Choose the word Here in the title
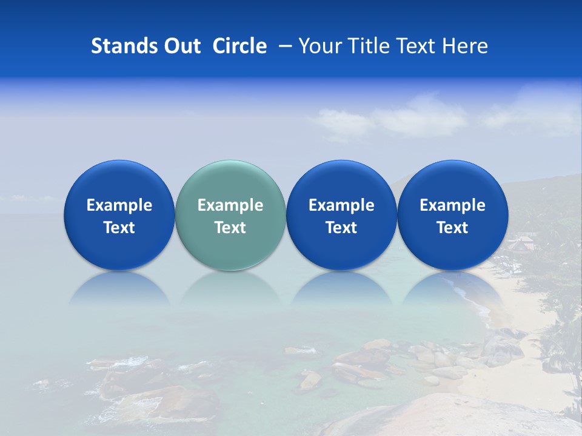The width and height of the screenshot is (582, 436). coord(465,46)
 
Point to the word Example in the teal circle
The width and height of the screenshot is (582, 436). coord(230,205)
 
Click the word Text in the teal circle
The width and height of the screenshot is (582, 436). coord(230,228)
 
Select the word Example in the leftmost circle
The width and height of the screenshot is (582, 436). coord(119,205)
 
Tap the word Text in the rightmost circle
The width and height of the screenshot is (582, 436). coord(452,228)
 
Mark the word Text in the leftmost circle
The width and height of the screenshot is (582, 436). coord(119,228)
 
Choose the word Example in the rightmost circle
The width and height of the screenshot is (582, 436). coord(452,205)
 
